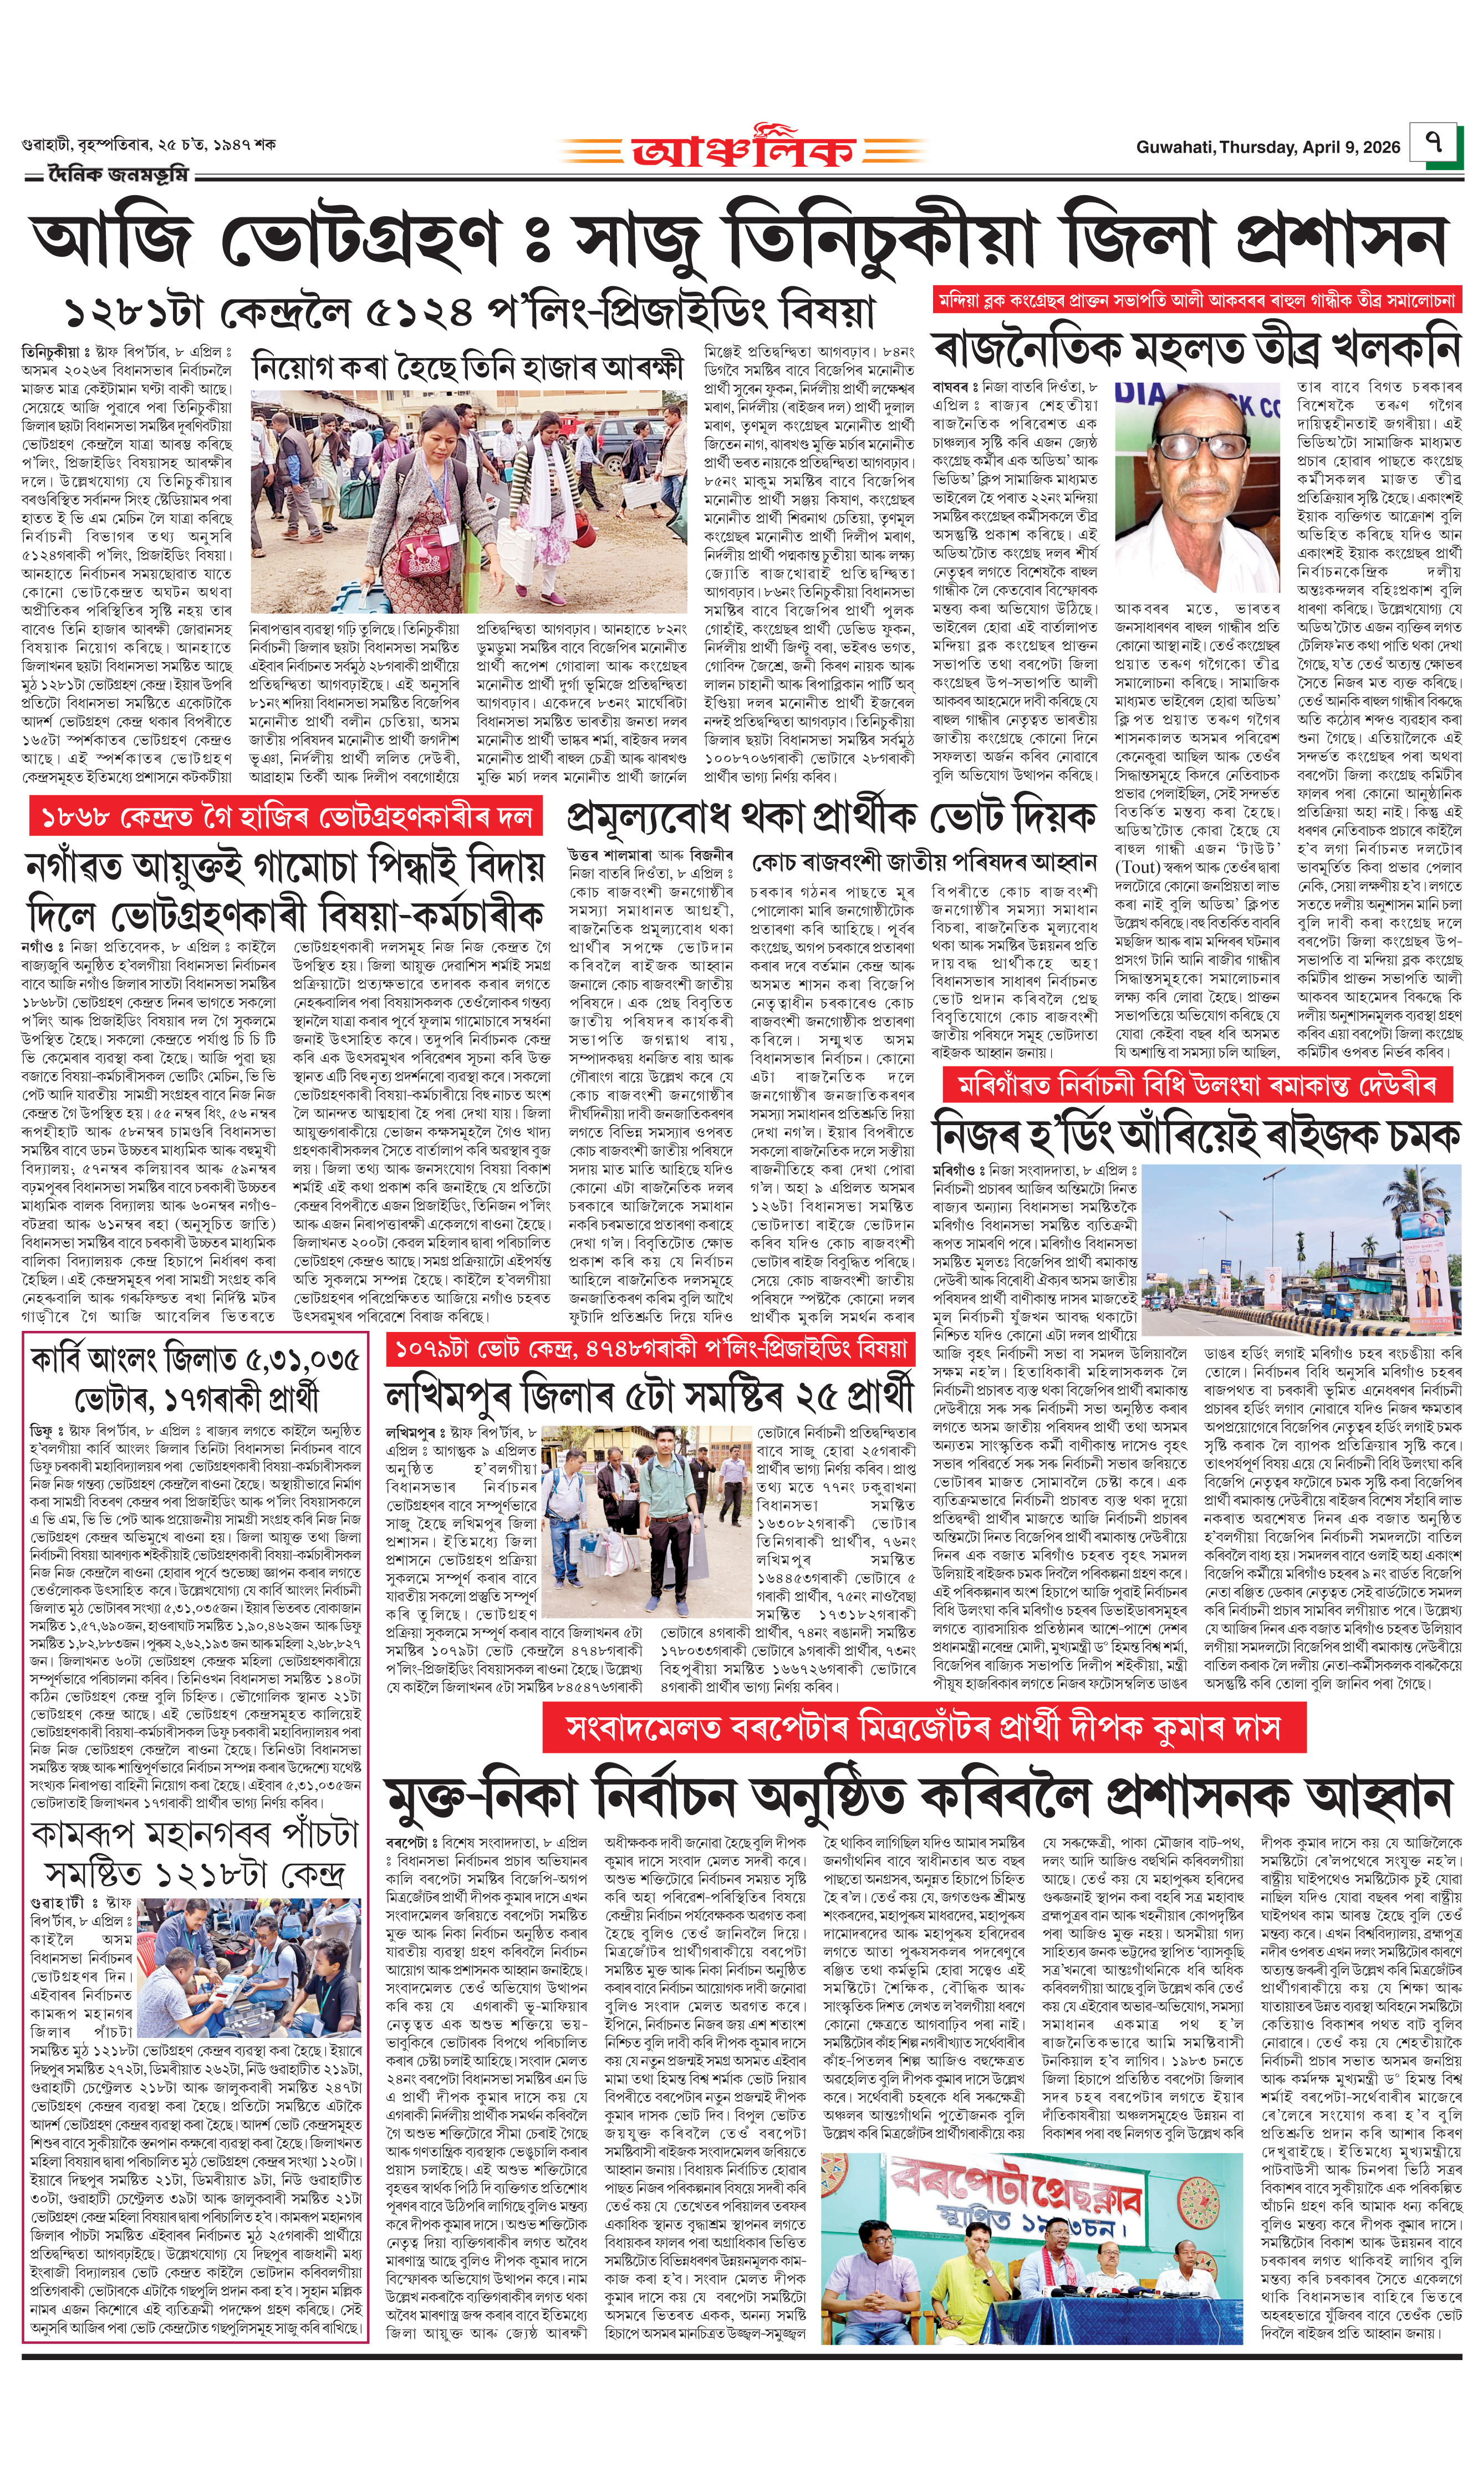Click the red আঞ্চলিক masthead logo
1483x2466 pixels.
coord(742,149)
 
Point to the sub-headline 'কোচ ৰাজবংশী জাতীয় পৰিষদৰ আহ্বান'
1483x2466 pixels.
coord(924,862)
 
